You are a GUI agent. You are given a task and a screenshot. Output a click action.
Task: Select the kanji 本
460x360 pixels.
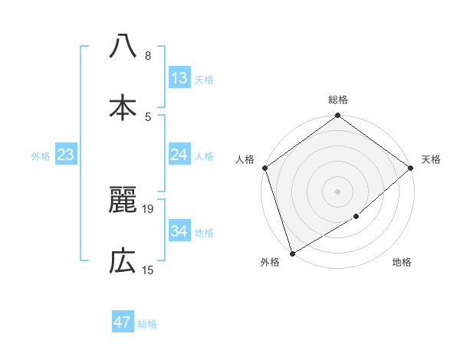coord(123,106)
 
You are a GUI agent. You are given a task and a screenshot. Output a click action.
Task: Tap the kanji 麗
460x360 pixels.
coord(123,200)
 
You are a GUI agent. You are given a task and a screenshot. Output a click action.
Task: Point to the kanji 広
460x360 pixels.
coord(123,261)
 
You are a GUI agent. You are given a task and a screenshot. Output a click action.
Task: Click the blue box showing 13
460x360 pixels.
coord(179,78)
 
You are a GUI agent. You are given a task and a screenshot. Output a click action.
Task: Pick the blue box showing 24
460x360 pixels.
coord(179,155)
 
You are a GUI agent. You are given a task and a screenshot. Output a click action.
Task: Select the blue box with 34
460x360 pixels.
coord(179,231)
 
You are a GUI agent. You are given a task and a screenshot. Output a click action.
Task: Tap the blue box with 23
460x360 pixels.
coord(65,155)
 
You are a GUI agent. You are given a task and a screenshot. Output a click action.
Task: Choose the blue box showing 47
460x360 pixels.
coord(123,322)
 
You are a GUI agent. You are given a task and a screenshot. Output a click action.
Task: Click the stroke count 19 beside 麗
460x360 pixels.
coord(149,208)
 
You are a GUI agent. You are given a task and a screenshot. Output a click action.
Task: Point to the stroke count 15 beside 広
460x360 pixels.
coord(149,270)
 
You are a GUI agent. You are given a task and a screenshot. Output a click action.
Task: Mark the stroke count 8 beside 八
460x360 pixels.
coord(148,55)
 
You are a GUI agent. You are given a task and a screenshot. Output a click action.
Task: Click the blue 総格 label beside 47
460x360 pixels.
coord(147,324)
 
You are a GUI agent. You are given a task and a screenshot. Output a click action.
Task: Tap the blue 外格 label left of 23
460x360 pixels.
coord(41,156)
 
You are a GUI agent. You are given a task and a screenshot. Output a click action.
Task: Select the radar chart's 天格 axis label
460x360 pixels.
coord(431,159)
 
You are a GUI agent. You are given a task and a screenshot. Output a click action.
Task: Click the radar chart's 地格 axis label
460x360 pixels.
coord(402,262)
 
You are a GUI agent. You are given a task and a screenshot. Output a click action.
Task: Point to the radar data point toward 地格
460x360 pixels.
coord(356,217)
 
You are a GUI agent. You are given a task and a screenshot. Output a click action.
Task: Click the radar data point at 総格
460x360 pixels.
coord(337,116)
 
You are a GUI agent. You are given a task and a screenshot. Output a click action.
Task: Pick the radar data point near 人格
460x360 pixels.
coord(264,168)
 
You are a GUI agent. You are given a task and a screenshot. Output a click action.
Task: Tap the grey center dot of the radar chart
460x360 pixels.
coord(337,191)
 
